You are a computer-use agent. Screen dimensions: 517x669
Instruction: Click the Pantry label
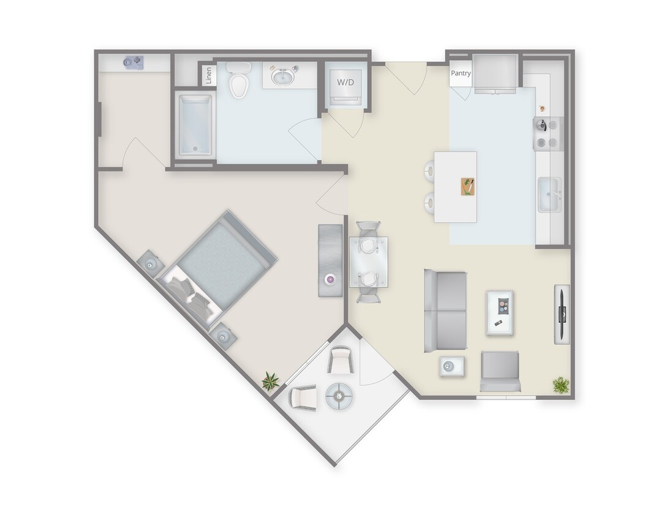pyautogui.click(x=461, y=74)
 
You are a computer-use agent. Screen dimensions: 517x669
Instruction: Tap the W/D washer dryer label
pyautogui.click(x=346, y=81)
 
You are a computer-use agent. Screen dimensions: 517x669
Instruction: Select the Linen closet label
pyautogui.click(x=208, y=76)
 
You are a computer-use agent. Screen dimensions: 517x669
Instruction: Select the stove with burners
pyautogui.click(x=548, y=134)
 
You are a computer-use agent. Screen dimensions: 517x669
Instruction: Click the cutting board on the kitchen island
pyautogui.click(x=467, y=186)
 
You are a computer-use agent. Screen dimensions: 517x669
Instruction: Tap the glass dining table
pyautogui.click(x=368, y=262)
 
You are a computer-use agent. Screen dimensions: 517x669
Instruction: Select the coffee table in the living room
pyautogui.click(x=500, y=312)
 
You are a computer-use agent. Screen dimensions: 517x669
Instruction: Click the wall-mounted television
pyautogui.click(x=562, y=314)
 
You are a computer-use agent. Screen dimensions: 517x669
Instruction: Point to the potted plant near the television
pyautogui.click(x=560, y=385)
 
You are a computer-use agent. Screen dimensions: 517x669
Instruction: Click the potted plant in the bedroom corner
pyautogui.click(x=270, y=382)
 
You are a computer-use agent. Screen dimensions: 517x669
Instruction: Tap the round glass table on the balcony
pyautogui.click(x=339, y=396)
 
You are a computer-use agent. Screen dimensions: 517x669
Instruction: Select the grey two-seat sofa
pyautogui.click(x=445, y=311)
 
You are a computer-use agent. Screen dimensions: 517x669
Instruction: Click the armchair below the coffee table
pyautogui.click(x=501, y=371)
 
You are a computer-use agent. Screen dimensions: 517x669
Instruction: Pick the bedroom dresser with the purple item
pyautogui.click(x=330, y=261)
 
